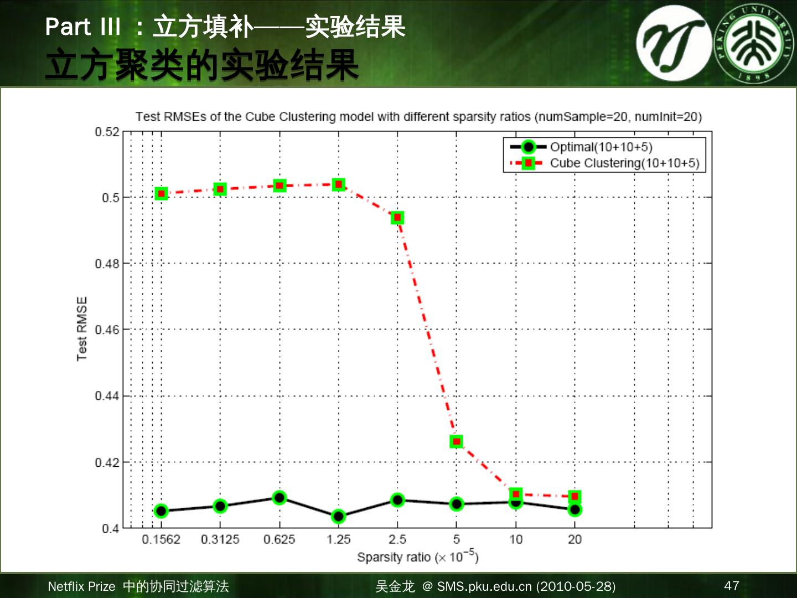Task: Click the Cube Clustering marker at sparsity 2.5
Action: [x=397, y=218]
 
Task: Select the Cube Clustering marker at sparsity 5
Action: [x=456, y=441]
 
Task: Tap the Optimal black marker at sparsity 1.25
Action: [x=339, y=516]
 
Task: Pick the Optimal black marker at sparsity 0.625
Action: [x=280, y=497]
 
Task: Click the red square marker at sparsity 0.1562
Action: [x=161, y=193]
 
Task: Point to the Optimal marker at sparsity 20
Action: [x=575, y=509]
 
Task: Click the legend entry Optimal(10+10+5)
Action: [x=601, y=147]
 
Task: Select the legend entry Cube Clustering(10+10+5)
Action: [x=624, y=163]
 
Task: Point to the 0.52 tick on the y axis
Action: [x=107, y=132]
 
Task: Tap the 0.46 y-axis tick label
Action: [x=107, y=330]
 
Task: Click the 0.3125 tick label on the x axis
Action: [x=220, y=539]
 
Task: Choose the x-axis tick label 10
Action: [x=515, y=539]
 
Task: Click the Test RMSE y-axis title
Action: [x=82, y=329]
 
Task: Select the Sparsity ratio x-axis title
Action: [x=417, y=556]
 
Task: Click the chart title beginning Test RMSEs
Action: [x=418, y=117]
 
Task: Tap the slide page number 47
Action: [x=731, y=586]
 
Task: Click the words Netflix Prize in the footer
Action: [x=81, y=586]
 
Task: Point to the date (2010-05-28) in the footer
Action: [x=576, y=586]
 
